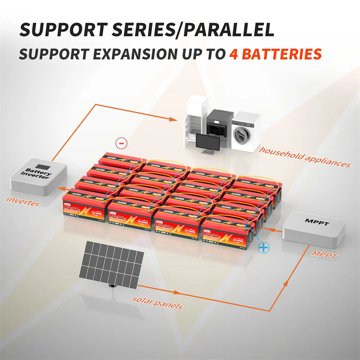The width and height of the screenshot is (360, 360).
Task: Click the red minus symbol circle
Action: pos(121,143)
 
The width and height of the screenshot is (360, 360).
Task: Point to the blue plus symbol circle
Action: pos(264,247)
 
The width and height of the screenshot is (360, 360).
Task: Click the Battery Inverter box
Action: pos(38,176)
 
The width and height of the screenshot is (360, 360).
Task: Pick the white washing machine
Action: pos(246,131)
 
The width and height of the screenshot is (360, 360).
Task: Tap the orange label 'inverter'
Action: pos(24,201)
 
